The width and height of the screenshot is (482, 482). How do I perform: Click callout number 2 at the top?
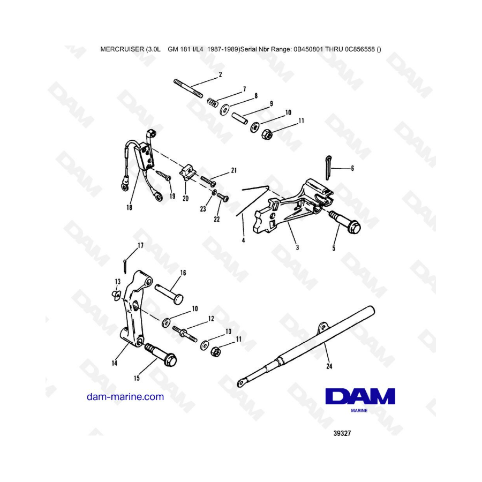(x=220, y=74)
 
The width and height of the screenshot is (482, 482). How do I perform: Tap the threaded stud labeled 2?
(x=188, y=88)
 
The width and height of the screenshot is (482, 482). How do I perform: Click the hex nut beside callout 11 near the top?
(x=266, y=134)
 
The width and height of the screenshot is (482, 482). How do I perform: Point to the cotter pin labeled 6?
(x=328, y=168)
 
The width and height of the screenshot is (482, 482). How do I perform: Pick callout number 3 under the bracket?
(x=297, y=247)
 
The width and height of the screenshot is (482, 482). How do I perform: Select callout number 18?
(x=129, y=207)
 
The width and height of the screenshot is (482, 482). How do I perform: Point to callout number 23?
(x=203, y=209)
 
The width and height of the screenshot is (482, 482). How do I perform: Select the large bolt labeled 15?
(x=161, y=355)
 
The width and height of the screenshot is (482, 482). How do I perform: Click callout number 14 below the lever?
(x=115, y=363)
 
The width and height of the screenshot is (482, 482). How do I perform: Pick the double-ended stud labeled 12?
(x=185, y=335)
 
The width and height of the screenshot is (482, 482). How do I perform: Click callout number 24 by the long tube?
(x=329, y=366)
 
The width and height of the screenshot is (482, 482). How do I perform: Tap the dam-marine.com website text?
(x=125, y=397)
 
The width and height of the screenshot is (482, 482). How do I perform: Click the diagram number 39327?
(x=342, y=433)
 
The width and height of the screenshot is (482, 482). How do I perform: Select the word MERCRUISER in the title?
(x=122, y=49)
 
